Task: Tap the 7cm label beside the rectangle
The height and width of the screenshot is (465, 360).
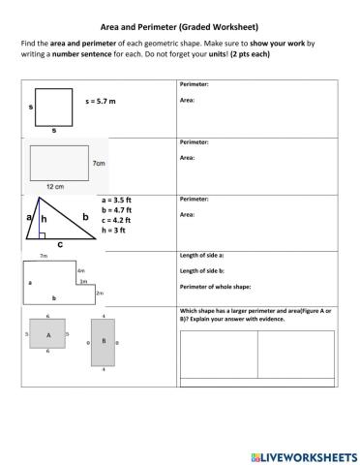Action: click(99, 165)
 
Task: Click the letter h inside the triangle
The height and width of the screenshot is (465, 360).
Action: click(44, 220)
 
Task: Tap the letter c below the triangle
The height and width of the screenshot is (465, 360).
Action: click(61, 245)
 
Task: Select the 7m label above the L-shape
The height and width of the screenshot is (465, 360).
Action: click(44, 256)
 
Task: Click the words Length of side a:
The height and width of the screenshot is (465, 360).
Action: click(203, 256)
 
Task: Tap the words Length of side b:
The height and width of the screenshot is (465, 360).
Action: click(203, 271)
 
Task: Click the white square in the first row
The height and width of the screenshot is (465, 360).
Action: click(54, 107)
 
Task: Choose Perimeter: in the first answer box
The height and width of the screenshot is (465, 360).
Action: click(194, 85)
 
